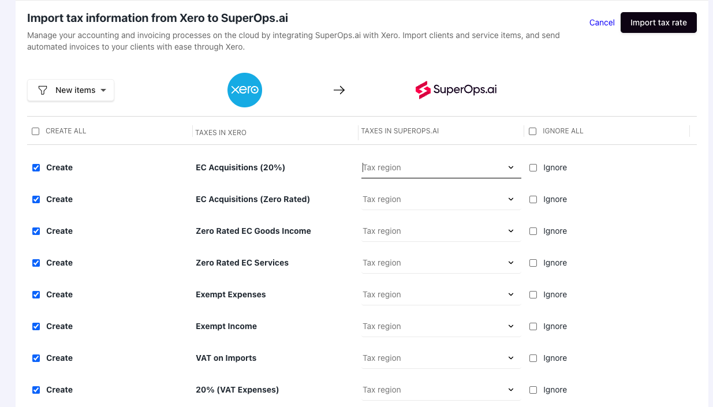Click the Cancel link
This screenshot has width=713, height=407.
pos(602,23)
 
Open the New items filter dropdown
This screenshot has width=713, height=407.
pos(70,90)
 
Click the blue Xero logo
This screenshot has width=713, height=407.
pos(244,90)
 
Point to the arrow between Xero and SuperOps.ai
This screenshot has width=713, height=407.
pos(339,90)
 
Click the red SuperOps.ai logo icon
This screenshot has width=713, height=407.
pos(423,90)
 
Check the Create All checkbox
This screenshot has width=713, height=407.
pos(36,131)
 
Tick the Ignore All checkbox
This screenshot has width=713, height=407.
pos(532,131)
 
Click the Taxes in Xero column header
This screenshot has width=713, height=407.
pos(221,132)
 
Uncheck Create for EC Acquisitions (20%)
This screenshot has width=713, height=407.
pos(36,167)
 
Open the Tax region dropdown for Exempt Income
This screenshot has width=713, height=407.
pos(441,327)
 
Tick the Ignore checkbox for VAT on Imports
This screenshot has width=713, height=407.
pos(533,359)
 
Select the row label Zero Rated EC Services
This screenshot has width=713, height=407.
pos(242,263)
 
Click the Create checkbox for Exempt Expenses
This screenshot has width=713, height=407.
pos(36,294)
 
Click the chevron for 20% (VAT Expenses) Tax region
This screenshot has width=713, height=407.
pos(510,390)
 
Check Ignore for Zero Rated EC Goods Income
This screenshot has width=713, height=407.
pos(533,231)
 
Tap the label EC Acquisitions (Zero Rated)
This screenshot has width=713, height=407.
pos(253,199)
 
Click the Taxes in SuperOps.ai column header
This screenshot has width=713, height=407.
pos(400,131)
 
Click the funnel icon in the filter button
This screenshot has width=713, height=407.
pos(43,91)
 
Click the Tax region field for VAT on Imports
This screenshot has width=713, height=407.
pos(441,359)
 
